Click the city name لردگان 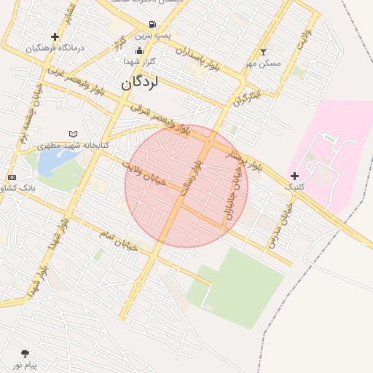[137, 82]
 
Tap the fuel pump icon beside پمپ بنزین [141, 34]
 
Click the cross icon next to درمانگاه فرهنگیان [55, 36]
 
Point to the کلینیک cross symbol [294, 176]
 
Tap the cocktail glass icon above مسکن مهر [263, 52]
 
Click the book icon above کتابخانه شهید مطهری [72, 134]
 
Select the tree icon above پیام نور [25, 353]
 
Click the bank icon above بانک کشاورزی [12, 177]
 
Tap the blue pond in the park [49, 162]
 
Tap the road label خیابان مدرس [280, 227]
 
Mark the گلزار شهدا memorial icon [139, 50]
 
